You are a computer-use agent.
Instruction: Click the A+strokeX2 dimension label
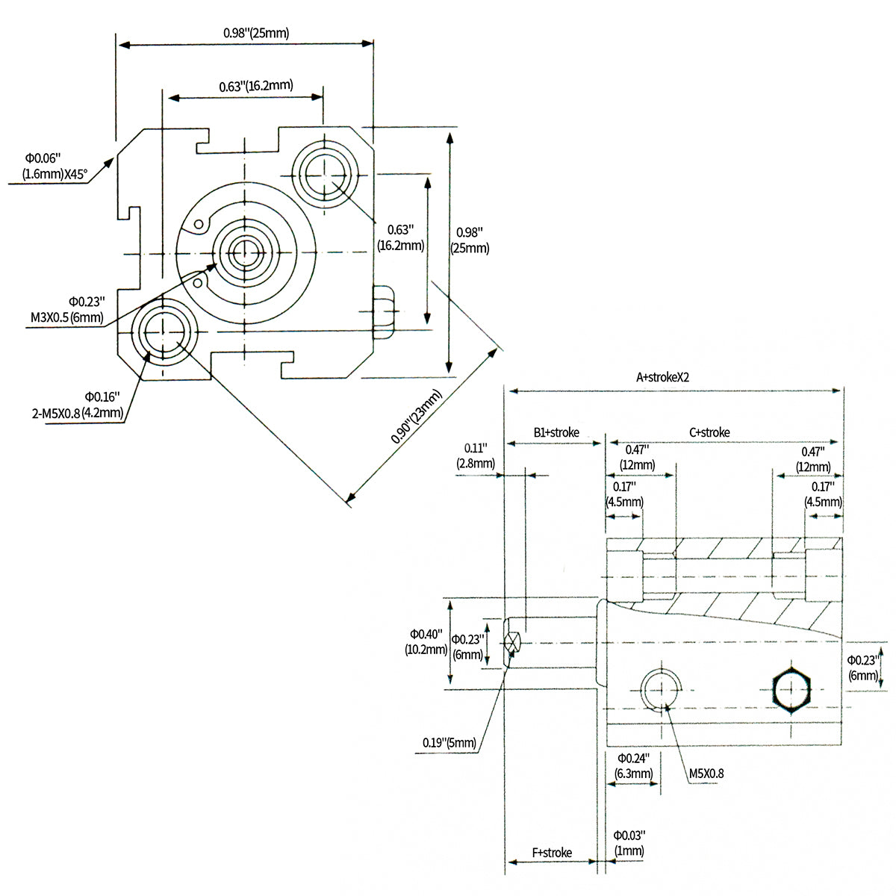click(662, 377)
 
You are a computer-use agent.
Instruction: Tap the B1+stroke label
click(556, 432)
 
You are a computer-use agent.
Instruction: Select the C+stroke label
click(709, 432)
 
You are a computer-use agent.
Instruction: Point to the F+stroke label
click(552, 853)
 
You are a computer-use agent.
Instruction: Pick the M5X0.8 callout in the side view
click(706, 774)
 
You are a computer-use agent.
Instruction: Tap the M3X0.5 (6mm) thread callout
click(66, 317)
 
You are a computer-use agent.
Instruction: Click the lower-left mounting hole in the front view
click(163, 331)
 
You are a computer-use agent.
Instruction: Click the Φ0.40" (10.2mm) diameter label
click(424, 642)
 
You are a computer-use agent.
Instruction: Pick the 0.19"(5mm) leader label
click(449, 743)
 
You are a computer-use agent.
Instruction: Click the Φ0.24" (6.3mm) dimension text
click(633, 766)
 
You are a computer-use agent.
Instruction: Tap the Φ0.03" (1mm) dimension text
click(629, 843)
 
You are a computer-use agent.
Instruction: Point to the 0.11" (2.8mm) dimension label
click(476, 455)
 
